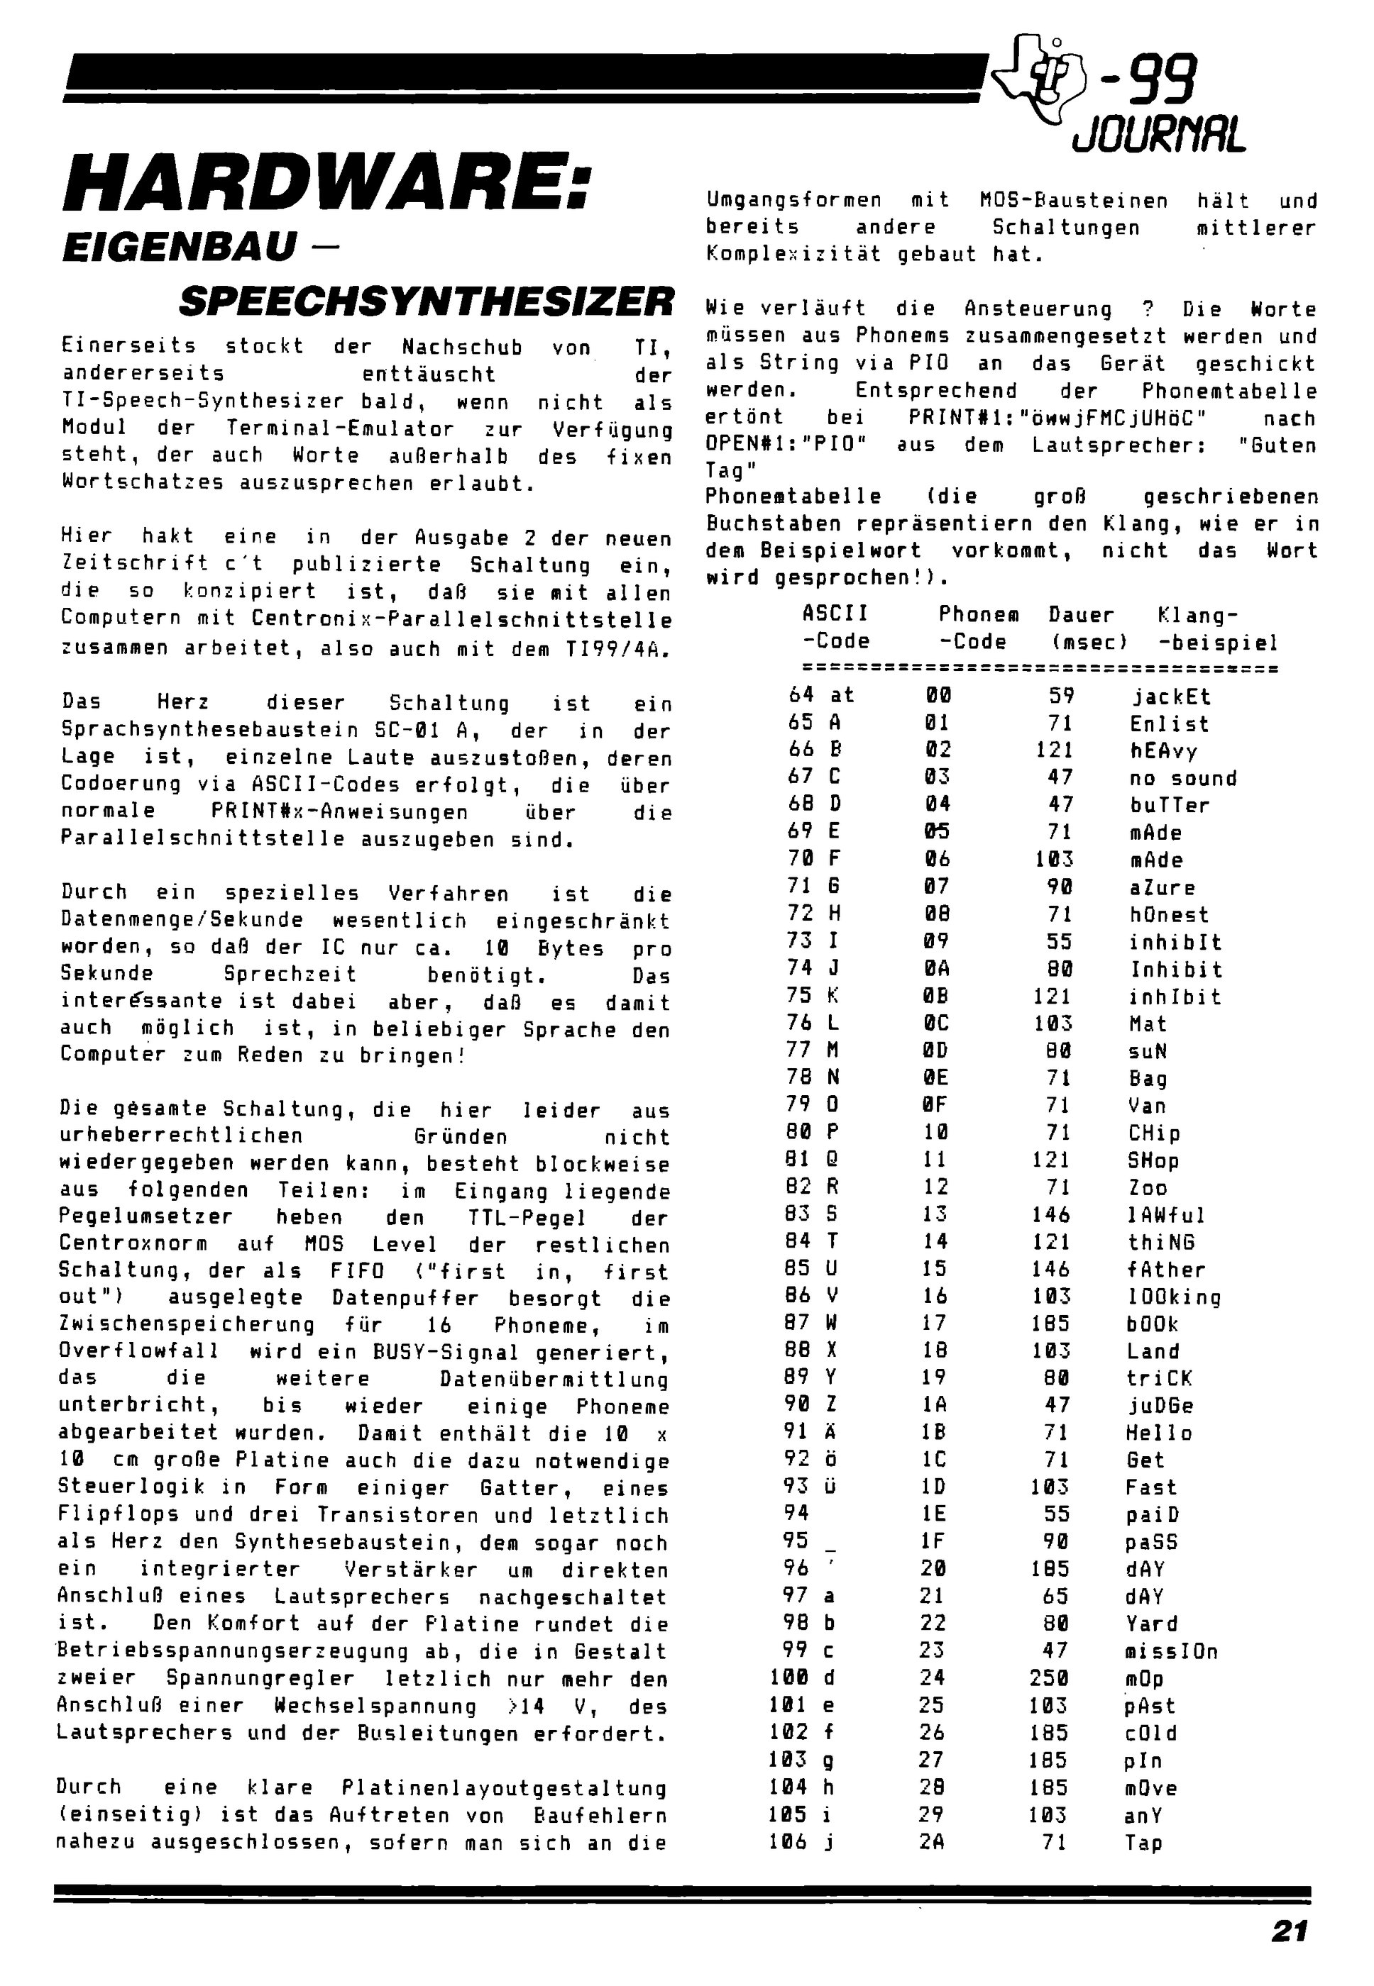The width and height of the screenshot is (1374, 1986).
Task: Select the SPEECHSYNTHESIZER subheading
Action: [426, 301]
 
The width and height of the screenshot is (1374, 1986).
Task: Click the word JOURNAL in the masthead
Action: [1159, 134]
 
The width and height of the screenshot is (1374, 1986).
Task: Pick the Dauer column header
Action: [1082, 614]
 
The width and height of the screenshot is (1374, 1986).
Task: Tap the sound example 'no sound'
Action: [1183, 778]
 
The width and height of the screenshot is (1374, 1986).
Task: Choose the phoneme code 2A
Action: [933, 1842]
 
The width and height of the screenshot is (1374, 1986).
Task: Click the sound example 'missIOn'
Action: [1171, 1651]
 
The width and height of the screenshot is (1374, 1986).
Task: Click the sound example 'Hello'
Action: [1159, 1433]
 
